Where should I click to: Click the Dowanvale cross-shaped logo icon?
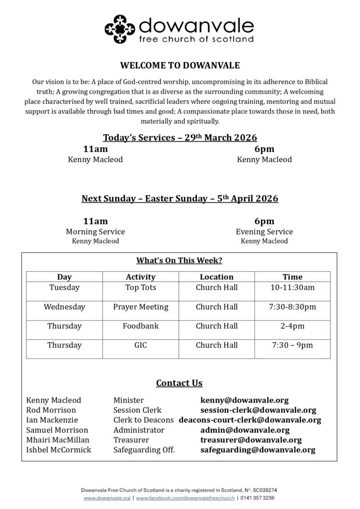coord(119,29)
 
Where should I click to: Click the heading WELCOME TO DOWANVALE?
coord(180,65)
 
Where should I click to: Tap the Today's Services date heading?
coord(180,138)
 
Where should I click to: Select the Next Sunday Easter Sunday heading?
coord(180,198)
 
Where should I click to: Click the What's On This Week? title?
coord(179,260)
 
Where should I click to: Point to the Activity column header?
coord(141,277)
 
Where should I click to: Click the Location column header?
coord(216,277)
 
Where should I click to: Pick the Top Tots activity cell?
coord(141,287)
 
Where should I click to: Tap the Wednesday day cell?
coord(64,307)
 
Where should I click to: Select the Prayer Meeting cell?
coord(141,307)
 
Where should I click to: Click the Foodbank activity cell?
coord(141,326)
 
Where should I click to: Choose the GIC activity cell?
coord(141,345)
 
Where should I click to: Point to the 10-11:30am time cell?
coord(292,287)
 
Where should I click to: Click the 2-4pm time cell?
coord(292,326)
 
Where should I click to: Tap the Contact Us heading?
coord(179,383)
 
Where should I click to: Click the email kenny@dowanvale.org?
coord(244,400)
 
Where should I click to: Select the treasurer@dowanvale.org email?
coord(251,440)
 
